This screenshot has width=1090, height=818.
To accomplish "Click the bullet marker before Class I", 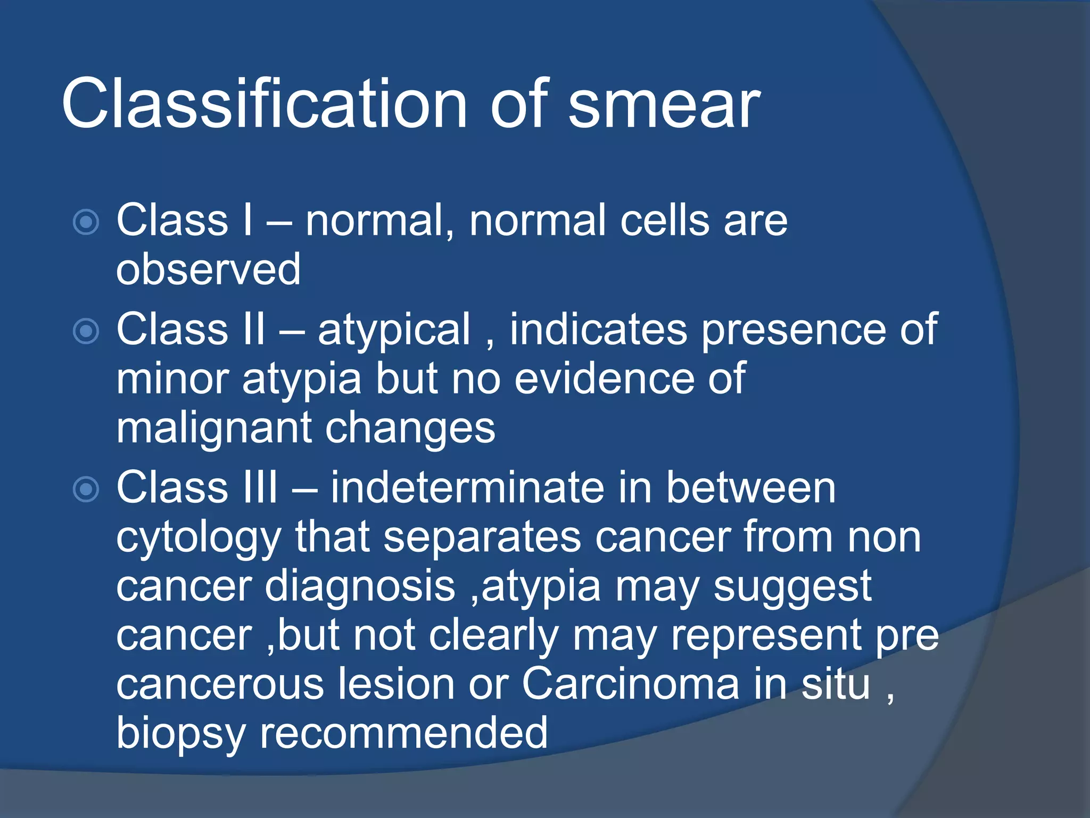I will pos(86,222).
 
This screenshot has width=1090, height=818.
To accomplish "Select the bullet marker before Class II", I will pos(86,331).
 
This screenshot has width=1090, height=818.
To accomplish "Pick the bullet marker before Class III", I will pos(86,489).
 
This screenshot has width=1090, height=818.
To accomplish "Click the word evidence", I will pos(604,378).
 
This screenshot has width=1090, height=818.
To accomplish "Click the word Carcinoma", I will pos(631,684).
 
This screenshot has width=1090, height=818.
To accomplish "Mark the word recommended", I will pos(403,733).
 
